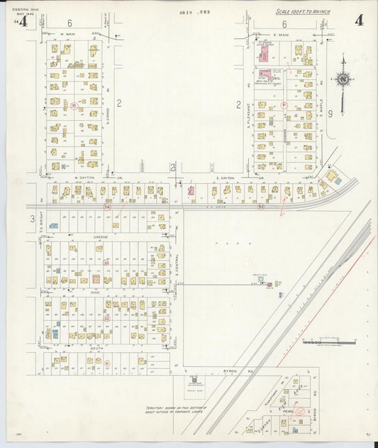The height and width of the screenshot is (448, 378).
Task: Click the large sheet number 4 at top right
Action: point(359,20)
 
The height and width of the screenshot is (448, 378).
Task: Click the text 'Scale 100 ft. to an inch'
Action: point(302,12)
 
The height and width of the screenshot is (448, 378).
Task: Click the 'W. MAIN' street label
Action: point(67,33)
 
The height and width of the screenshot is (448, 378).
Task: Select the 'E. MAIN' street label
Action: point(284,33)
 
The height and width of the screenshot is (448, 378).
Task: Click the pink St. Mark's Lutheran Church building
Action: point(264,73)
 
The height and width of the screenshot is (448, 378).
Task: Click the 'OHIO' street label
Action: point(95,292)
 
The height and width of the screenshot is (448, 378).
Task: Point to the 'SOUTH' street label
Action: point(97,349)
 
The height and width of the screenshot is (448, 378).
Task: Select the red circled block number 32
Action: point(107,319)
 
